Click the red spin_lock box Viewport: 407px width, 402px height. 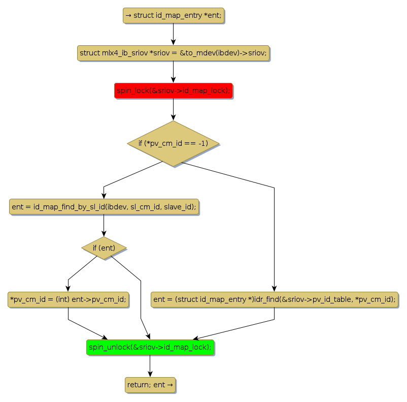(173, 90)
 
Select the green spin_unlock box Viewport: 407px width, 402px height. (150, 347)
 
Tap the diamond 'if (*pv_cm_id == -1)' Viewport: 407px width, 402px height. (173, 143)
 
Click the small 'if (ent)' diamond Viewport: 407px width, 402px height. (104, 248)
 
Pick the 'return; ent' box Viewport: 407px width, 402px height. (150, 385)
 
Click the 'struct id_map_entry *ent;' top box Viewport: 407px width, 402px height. (173, 16)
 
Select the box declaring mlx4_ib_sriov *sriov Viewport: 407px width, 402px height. (173, 53)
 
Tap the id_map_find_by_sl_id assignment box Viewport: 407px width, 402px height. (104, 207)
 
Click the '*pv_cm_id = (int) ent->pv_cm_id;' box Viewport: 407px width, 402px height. (68, 299)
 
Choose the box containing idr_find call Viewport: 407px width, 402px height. (274, 299)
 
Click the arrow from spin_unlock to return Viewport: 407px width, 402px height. (150, 366)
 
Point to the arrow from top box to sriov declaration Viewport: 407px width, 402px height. (173, 34)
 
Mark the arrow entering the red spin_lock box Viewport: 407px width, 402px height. (173, 72)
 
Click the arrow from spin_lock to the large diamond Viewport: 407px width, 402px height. (173, 109)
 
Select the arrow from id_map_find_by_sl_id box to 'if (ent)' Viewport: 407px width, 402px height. (104, 225)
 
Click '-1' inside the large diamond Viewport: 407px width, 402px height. (203, 143)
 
